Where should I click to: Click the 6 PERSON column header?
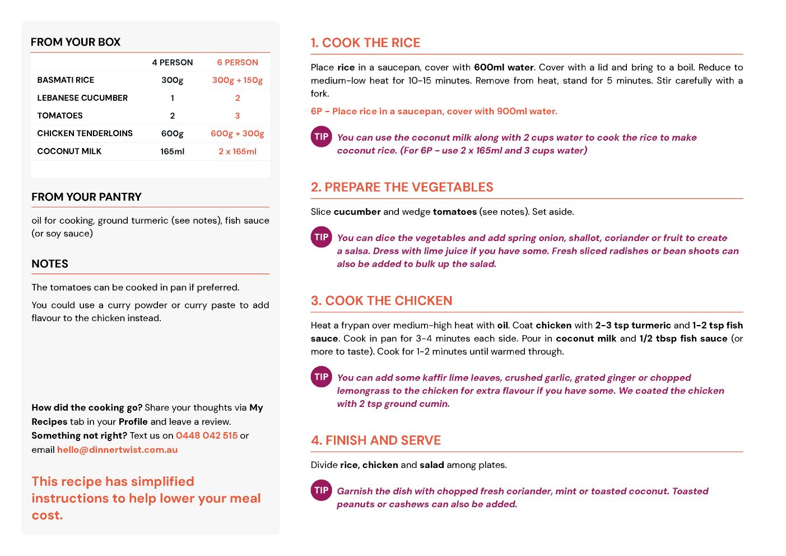[238, 63]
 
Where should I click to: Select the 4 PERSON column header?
[172, 63]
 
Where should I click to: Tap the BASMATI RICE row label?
[66, 80]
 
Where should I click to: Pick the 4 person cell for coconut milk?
[172, 151]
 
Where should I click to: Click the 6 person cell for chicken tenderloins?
[238, 133]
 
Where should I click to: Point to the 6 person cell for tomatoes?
[238, 115]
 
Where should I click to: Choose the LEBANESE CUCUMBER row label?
[82, 98]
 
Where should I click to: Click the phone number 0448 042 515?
[207, 435]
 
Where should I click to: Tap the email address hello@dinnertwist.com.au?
[117, 450]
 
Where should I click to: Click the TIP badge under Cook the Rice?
[322, 137]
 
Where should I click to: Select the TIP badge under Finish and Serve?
[322, 490]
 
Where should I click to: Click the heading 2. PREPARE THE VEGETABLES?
[402, 187]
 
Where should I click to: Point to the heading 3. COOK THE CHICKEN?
[382, 301]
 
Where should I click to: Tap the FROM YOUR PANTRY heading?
[86, 197]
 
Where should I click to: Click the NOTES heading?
[50, 264]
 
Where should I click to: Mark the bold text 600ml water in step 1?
[504, 67]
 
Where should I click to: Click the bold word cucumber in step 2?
[357, 212]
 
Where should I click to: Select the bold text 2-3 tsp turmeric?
[632, 325]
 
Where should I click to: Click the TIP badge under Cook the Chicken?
[322, 377]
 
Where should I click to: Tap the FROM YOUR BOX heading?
[76, 42]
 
